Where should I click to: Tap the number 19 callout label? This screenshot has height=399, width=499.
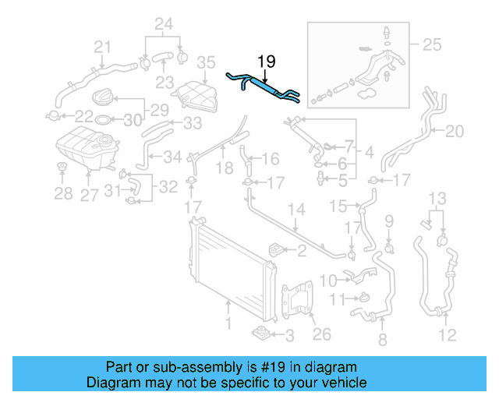(x=266, y=62)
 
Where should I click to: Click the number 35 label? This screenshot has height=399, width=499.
(x=205, y=62)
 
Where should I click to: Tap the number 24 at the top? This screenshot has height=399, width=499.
(x=162, y=23)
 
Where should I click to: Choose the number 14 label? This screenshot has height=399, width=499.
(x=297, y=210)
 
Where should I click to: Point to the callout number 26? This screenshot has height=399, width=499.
(x=321, y=334)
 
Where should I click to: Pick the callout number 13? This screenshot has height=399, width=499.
(x=439, y=196)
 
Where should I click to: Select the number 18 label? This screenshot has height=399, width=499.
(x=224, y=167)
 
